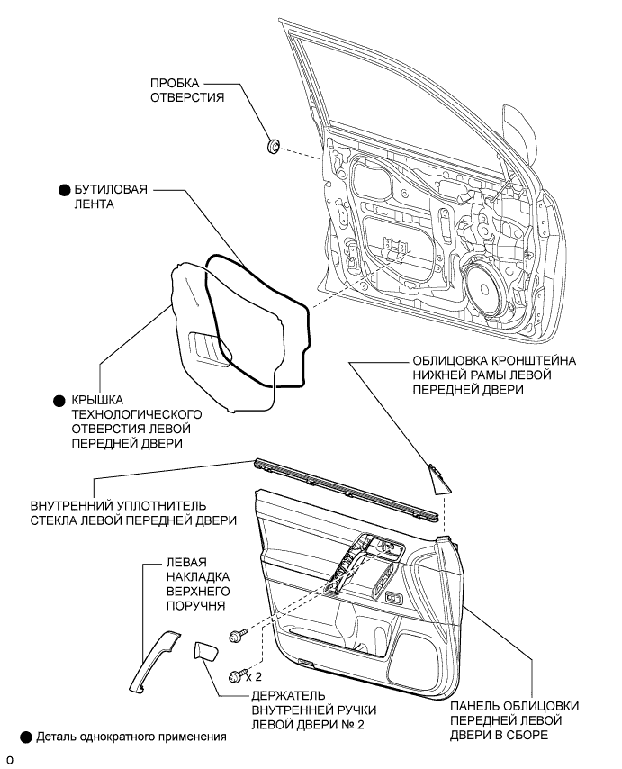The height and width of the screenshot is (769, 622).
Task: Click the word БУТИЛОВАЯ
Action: tap(111, 191)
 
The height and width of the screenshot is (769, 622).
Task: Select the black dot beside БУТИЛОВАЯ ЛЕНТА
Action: tap(65, 191)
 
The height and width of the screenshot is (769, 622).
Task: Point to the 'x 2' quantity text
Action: tap(256, 675)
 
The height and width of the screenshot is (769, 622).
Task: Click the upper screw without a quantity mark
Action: tap(239, 635)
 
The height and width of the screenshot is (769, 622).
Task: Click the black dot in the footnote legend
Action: tap(26, 737)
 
